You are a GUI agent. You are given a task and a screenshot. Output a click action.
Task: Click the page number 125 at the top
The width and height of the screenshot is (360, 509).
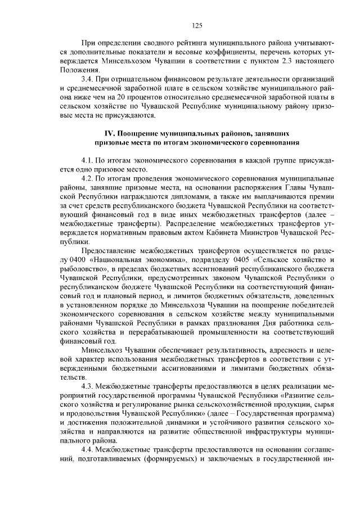coord(197,25)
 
